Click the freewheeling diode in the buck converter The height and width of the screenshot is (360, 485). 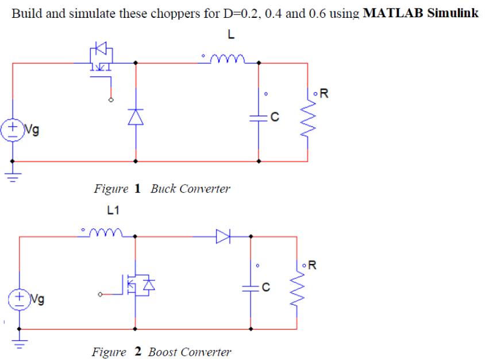tap(135, 117)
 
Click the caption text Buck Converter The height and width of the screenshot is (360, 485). tap(190, 189)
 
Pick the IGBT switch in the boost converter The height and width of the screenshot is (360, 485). tap(138, 285)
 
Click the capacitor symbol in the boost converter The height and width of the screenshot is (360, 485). tap(251, 288)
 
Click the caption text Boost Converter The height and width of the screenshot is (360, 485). tap(189, 352)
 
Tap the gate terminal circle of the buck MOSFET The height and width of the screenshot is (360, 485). tap(111, 99)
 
